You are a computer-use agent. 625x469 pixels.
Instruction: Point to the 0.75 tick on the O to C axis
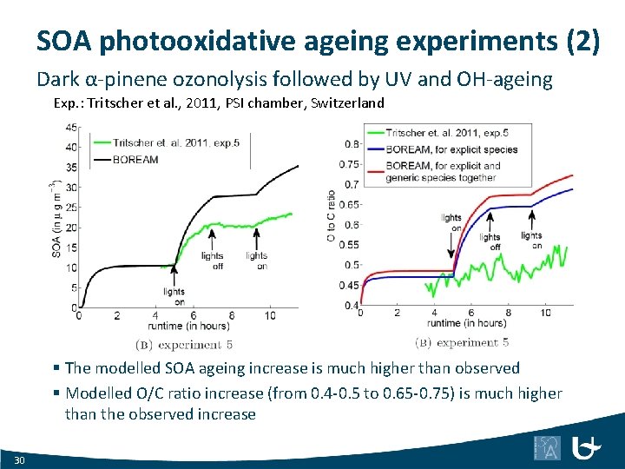tap(349, 164)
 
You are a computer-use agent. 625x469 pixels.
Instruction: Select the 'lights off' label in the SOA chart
tap(212, 261)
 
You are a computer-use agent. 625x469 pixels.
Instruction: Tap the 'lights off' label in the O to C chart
tap(490, 241)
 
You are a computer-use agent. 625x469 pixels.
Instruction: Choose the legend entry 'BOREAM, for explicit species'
tap(451, 149)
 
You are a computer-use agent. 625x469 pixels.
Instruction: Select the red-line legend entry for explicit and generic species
tap(443, 171)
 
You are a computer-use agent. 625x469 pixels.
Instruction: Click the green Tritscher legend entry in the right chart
tap(446, 133)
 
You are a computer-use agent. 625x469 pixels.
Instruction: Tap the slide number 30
tap(20, 458)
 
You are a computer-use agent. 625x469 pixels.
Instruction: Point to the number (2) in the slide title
tap(581, 41)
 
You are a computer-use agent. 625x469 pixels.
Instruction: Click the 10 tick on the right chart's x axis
tap(545, 312)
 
